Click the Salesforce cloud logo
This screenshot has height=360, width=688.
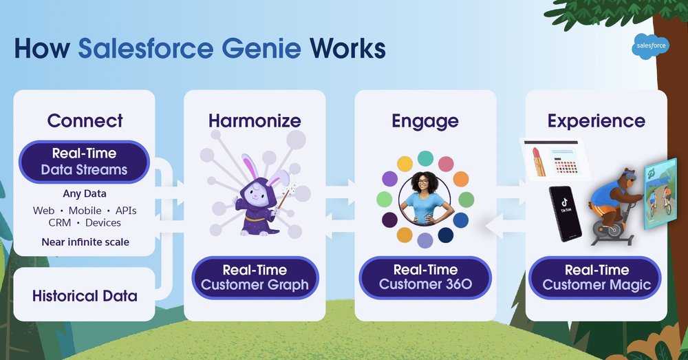(650, 47)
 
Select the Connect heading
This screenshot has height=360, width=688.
(85, 121)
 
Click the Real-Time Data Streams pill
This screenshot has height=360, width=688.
(84, 161)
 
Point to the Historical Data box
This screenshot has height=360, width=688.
(85, 296)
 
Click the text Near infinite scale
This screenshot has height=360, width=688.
(85, 242)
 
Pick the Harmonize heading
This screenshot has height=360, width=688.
(255, 121)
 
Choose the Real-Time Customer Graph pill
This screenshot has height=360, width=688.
(255, 277)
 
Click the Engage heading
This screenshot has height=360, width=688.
(424, 121)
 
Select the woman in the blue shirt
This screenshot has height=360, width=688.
(425, 199)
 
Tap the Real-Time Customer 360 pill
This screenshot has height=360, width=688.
(425, 277)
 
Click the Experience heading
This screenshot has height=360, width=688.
(596, 121)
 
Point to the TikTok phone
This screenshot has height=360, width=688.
(565, 213)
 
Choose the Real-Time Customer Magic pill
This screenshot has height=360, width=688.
(596, 277)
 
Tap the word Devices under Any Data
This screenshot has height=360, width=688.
(103, 223)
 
